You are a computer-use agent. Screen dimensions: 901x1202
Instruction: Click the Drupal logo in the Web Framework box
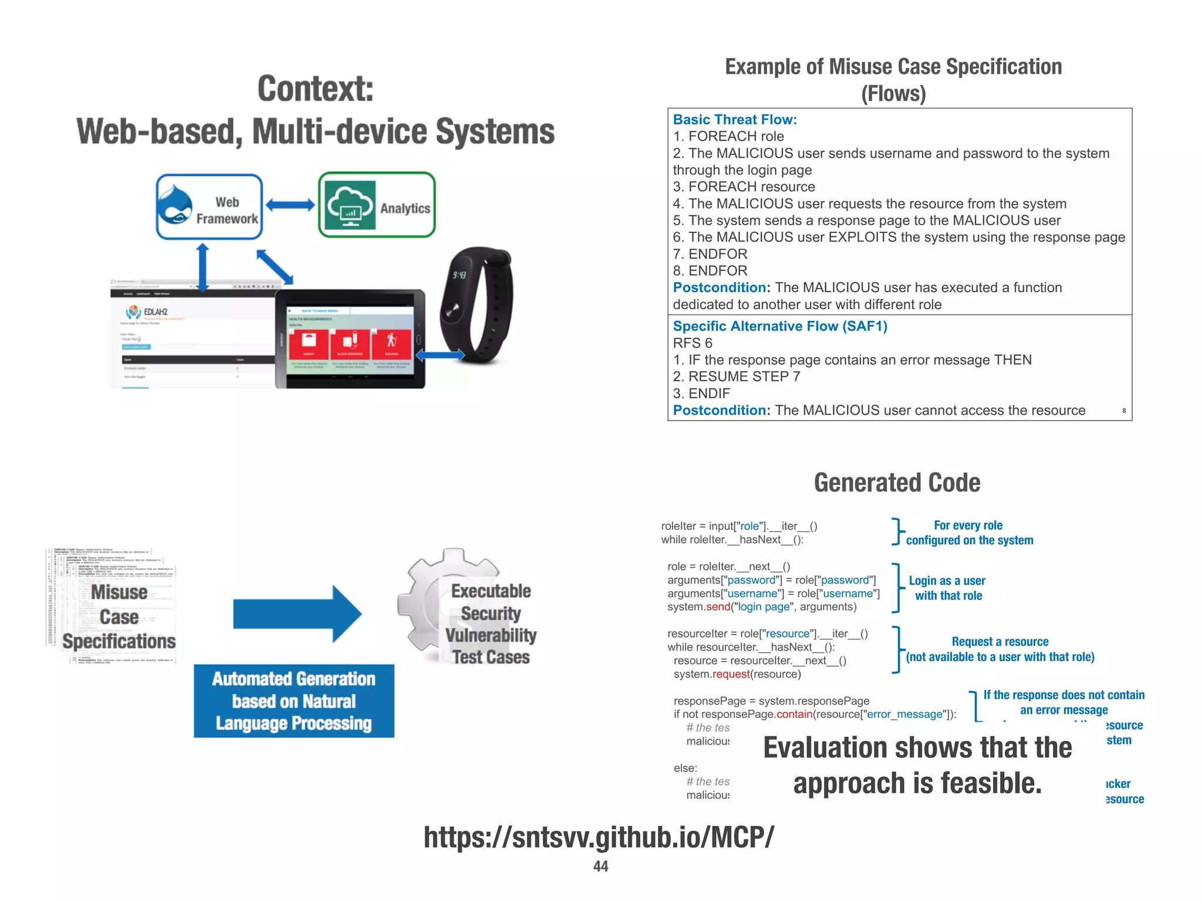coord(175,205)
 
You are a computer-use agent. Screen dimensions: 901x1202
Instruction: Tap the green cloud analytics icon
coord(350,205)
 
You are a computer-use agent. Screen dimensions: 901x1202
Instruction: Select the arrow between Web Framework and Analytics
coord(290,205)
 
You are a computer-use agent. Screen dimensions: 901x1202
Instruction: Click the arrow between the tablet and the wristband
coord(440,355)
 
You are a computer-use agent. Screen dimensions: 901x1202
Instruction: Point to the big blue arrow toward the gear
coord(296,614)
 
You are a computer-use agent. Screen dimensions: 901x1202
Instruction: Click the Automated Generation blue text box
coord(293,701)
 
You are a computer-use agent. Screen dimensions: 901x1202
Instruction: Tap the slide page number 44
coord(600,866)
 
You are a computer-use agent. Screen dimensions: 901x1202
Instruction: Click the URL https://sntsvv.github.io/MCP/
coord(599,837)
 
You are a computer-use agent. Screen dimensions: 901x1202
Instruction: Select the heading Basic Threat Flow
coord(734,120)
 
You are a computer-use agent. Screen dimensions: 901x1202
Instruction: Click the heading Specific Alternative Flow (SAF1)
coord(779,326)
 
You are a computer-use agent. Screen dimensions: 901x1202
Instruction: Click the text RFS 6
coord(692,343)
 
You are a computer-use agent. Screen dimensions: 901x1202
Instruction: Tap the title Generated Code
coord(896,483)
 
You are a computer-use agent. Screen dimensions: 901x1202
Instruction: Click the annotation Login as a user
coord(947,581)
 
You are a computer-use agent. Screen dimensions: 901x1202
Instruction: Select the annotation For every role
coord(968,526)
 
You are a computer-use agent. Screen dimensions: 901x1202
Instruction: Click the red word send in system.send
coord(718,607)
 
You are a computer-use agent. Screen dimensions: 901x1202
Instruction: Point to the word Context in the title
coord(315,89)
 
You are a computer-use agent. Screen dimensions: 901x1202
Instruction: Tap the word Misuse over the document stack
coord(119,592)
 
